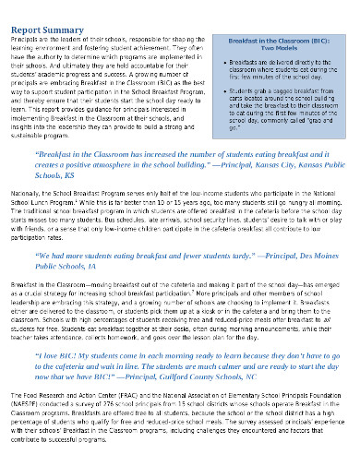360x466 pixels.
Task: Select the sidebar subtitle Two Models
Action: [x=270, y=50]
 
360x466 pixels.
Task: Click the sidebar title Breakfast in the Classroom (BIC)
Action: [x=270, y=42]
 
